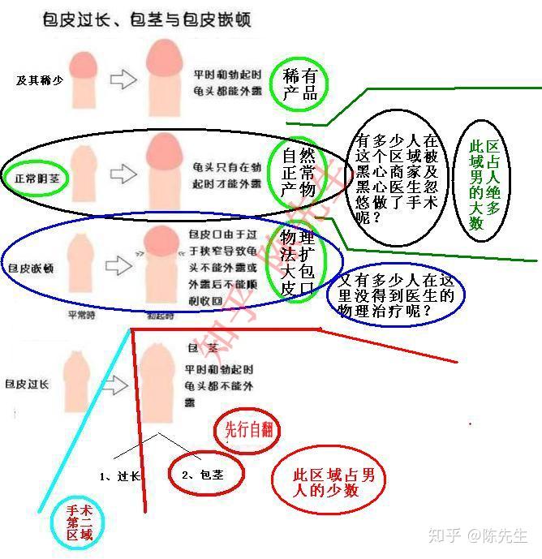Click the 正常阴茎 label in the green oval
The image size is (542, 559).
(x=36, y=175)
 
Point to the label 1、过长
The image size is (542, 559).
(x=120, y=476)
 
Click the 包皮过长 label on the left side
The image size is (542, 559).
(x=28, y=383)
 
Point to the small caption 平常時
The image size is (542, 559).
(x=84, y=315)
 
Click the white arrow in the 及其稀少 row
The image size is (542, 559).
(x=123, y=79)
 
